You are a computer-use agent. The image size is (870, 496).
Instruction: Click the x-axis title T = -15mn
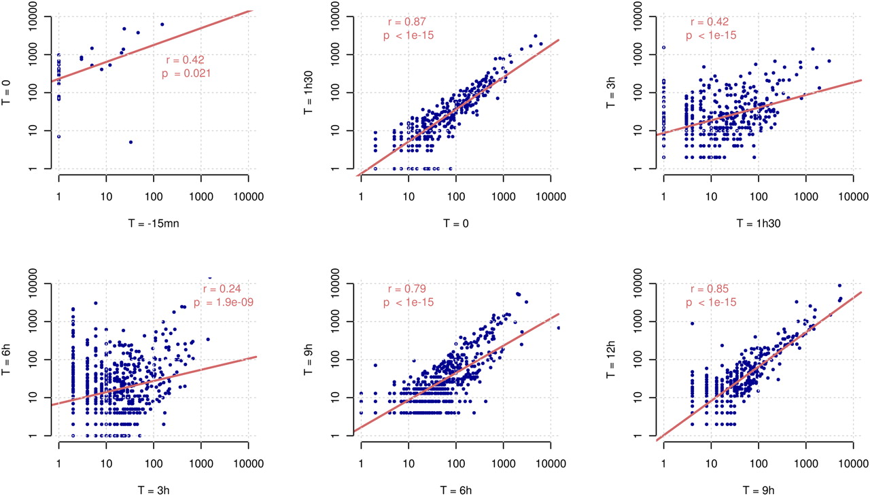tap(152, 222)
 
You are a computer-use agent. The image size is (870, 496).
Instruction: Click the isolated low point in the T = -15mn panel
tap(130, 142)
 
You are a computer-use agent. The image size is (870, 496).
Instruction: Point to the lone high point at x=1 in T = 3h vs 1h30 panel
tap(663, 48)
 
